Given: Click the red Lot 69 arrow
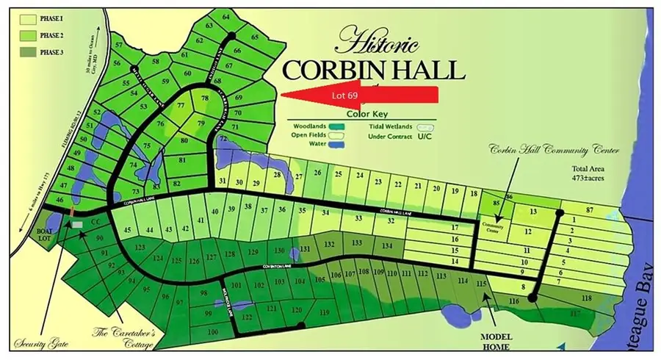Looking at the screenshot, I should (x=360, y=96).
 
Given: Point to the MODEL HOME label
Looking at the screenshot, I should (x=491, y=342).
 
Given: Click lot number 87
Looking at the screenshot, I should (x=589, y=211).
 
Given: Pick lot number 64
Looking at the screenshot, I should (x=225, y=16).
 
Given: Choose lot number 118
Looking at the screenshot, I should (x=586, y=298).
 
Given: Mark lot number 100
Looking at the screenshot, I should (x=213, y=332).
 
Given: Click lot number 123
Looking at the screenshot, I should (x=140, y=248).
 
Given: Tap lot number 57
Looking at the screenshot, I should (x=119, y=46).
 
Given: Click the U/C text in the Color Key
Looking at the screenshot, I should (x=425, y=136).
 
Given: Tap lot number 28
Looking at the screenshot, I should (x=278, y=174).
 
